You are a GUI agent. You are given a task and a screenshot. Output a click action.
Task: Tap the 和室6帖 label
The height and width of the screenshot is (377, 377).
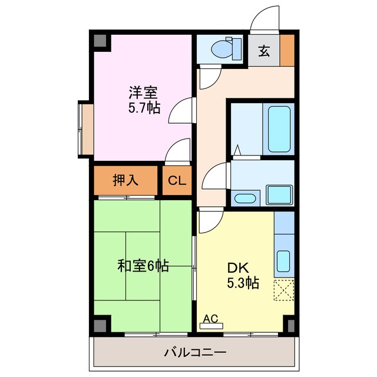tap(143, 266)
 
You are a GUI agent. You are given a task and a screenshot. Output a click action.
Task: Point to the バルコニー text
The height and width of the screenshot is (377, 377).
tap(195, 353)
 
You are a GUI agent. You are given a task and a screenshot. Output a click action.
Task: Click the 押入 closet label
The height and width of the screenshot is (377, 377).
tap(125, 180)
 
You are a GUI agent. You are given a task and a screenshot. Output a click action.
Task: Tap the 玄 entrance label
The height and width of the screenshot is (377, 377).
tap(264, 51)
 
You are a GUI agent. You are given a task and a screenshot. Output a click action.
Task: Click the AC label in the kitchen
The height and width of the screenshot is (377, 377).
tap(210, 319)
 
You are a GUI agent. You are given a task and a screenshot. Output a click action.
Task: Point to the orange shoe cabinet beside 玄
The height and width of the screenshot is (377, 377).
tap(287, 51)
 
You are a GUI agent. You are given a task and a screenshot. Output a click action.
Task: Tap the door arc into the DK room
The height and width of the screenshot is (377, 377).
tap(209, 220)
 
